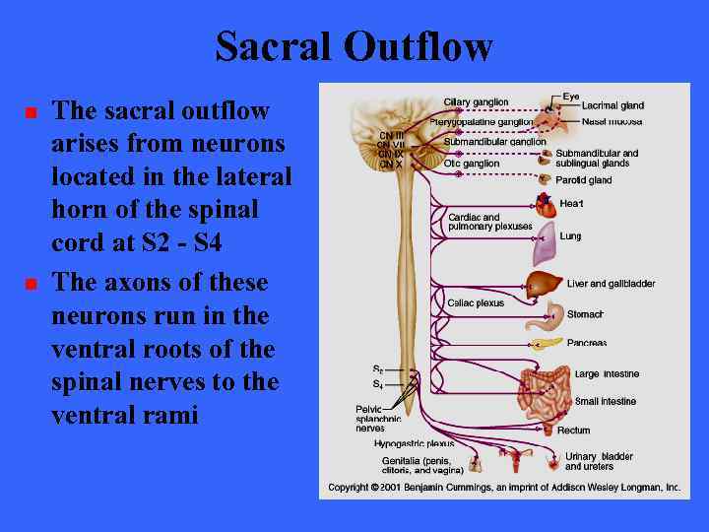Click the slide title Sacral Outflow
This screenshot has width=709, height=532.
pos(354,45)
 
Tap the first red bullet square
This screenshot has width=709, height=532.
pos(31,113)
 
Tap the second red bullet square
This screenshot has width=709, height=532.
pos(31,285)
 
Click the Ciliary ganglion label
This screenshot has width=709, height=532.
pos(476,102)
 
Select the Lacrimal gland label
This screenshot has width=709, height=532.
pos(612,105)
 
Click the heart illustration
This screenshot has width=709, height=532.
pos(545,206)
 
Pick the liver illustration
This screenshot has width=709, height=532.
pos(546,285)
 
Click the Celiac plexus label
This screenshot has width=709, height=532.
pos(476,303)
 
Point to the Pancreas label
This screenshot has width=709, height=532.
pos(587,343)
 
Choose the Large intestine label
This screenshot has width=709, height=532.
pos(607,374)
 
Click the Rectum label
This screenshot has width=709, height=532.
pos(574,431)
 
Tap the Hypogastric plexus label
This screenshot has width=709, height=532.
pos(414,444)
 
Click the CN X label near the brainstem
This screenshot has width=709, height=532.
pos(391,165)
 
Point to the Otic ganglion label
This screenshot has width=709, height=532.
pos(472,164)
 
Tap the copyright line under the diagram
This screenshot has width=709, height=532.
pos(504,488)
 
